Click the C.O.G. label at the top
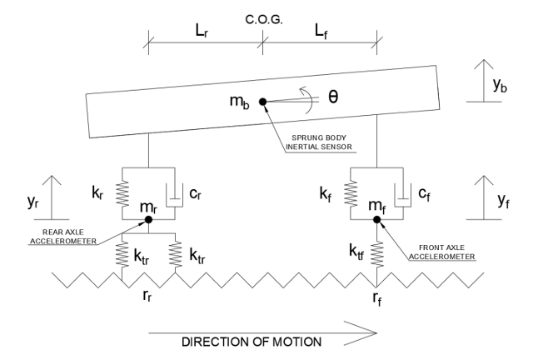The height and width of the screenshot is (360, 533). [x=264, y=20]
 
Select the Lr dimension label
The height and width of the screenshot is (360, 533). [x=202, y=32]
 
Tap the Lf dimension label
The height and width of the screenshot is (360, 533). [x=321, y=32]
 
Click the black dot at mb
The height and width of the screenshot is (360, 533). [x=263, y=102]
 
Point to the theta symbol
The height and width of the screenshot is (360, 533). [x=333, y=97]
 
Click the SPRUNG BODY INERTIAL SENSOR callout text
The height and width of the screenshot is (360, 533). [x=318, y=142]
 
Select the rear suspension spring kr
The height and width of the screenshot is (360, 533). [x=122, y=193]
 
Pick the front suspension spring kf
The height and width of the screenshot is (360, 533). [x=351, y=193]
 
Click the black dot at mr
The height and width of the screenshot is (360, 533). [x=148, y=219]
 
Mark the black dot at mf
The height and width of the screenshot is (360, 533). [x=377, y=219]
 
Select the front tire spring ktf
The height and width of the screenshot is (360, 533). [x=377, y=254]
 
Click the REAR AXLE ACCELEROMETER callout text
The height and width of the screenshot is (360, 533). [x=63, y=237]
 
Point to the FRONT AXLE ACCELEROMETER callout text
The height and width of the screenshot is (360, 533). [x=441, y=252]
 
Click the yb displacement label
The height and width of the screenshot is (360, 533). [x=500, y=85]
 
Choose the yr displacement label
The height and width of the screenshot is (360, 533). [x=32, y=202]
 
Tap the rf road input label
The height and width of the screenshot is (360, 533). [x=377, y=298]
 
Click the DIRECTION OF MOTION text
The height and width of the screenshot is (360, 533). [x=252, y=342]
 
